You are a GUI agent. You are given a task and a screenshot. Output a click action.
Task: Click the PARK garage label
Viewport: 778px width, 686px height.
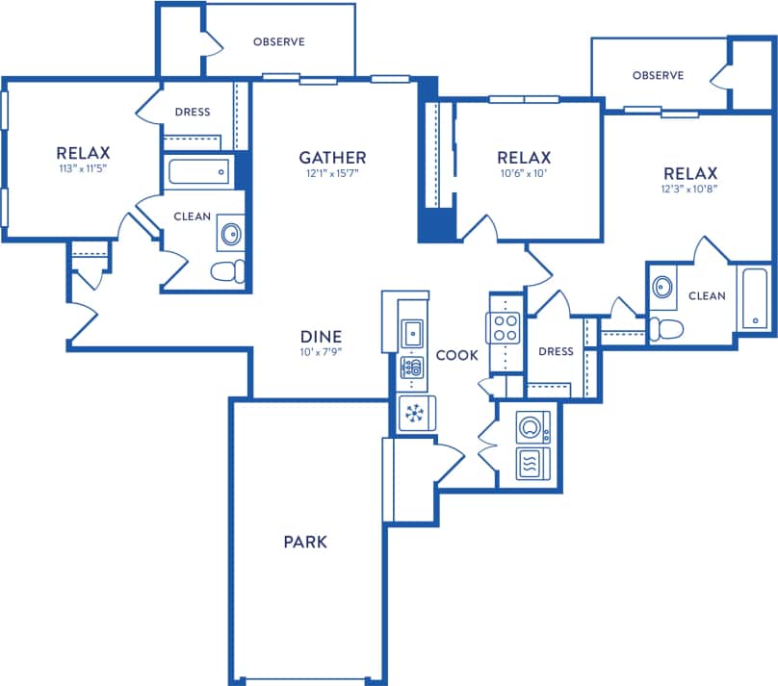click(x=305, y=542)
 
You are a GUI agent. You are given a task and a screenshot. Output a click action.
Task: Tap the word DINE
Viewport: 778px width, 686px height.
click(x=322, y=336)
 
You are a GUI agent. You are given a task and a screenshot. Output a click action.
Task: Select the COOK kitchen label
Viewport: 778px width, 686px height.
click(x=456, y=355)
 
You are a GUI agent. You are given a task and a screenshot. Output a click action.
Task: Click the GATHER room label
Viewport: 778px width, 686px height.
click(x=332, y=157)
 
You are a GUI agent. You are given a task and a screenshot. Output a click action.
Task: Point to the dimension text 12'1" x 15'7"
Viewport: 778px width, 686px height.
click(x=332, y=174)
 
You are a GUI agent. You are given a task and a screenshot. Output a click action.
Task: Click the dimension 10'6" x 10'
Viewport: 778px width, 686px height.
click(x=524, y=174)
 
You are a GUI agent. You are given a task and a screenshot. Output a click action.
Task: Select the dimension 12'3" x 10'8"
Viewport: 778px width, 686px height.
click(x=689, y=189)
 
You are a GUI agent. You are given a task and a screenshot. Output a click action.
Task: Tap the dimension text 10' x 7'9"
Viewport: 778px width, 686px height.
click(x=322, y=351)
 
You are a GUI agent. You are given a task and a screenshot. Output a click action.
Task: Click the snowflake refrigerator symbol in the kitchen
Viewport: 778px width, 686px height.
click(x=416, y=414)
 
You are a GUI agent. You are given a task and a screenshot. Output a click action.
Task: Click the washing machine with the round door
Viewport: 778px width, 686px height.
click(x=532, y=425)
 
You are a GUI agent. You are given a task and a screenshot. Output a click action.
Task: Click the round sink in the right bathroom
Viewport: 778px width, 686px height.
click(x=661, y=287)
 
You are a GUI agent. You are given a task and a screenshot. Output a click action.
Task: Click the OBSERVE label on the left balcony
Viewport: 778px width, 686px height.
click(x=278, y=41)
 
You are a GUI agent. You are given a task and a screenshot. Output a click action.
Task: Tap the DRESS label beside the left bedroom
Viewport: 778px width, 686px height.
click(x=193, y=112)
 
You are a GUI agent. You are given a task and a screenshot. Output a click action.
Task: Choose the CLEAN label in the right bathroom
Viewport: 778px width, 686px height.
click(x=707, y=295)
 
